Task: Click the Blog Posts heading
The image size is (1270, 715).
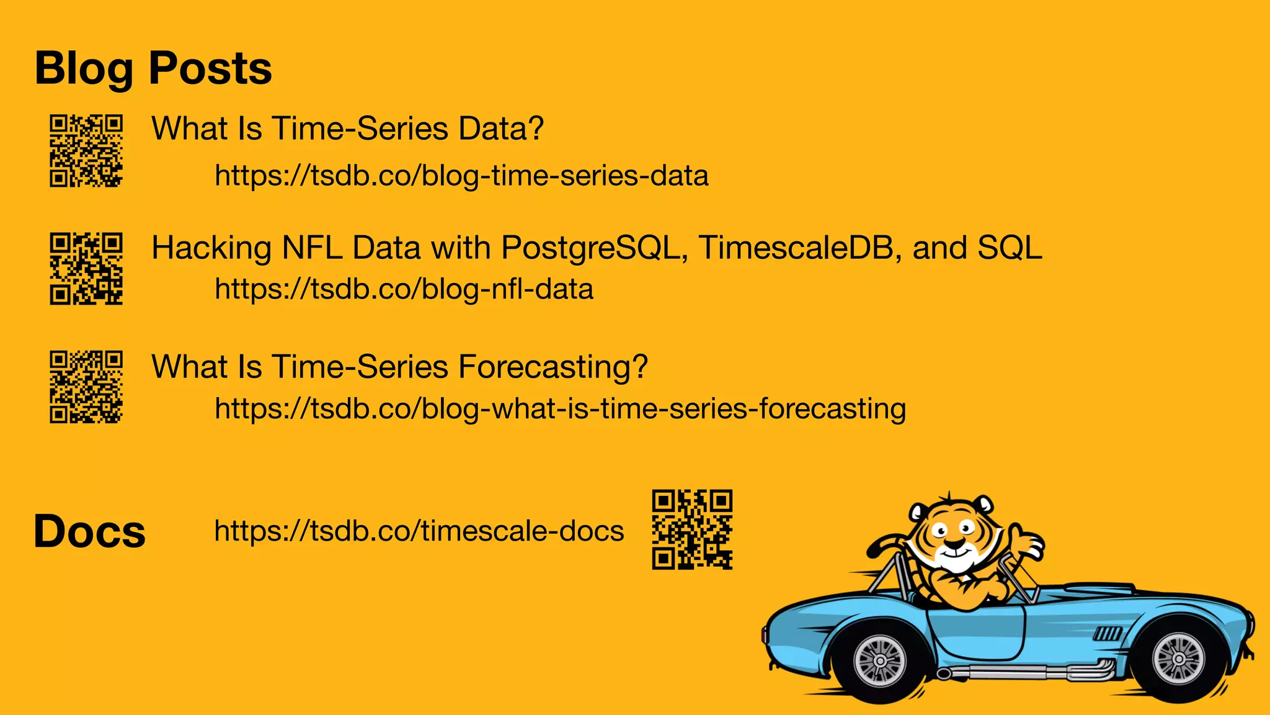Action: tap(153, 68)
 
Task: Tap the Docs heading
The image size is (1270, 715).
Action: tap(89, 532)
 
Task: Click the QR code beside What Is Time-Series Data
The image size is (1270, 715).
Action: tap(86, 151)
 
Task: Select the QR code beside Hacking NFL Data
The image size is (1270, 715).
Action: tap(86, 269)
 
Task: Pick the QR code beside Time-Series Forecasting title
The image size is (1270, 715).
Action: tap(86, 387)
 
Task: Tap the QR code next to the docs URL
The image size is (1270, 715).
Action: tap(692, 529)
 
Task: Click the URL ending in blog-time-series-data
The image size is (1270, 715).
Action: tap(461, 176)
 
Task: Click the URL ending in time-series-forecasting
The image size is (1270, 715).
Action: tap(560, 409)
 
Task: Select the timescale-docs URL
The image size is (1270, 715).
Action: tap(419, 531)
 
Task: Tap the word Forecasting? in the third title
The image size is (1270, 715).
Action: tap(553, 367)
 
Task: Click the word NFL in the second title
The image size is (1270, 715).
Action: tap(312, 248)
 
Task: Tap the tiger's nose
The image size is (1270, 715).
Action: tap(954, 544)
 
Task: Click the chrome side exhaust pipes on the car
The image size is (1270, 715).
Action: tap(1029, 671)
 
